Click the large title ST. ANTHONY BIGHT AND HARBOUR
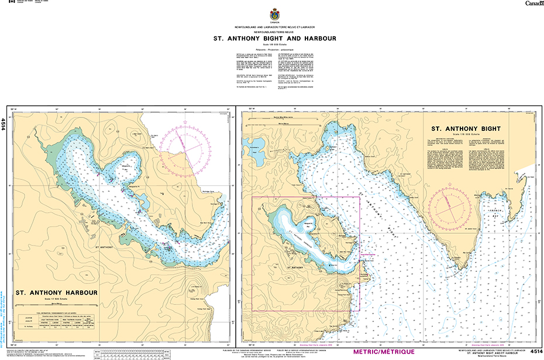point(274,39)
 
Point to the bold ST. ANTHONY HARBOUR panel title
point(56,293)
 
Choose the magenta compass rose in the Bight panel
point(449,206)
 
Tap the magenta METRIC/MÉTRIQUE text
point(384,352)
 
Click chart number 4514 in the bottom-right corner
point(536,352)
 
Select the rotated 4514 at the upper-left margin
point(4,123)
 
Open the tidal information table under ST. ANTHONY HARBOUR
point(56,320)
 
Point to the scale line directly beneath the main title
point(274,45)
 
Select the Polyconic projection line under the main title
point(274,50)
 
